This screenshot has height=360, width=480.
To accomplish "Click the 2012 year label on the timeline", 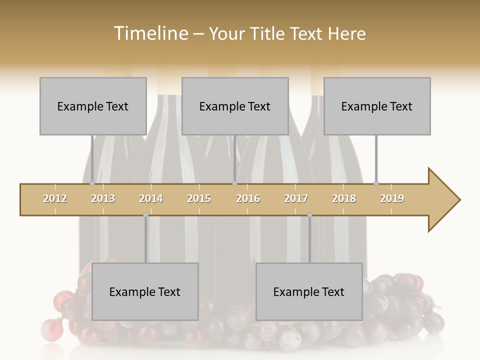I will [55, 198].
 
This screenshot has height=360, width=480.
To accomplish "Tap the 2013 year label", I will [103, 198].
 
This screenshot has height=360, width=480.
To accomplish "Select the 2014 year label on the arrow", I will [151, 198].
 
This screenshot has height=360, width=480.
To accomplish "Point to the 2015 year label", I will [199, 198].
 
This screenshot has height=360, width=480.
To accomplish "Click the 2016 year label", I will [248, 198].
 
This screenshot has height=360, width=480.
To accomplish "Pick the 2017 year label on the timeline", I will [296, 198].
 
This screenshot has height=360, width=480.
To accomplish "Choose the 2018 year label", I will [344, 198].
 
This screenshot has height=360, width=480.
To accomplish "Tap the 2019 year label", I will [392, 198].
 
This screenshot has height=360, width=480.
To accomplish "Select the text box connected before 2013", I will [93, 106].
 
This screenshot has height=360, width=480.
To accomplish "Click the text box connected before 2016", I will [235, 106].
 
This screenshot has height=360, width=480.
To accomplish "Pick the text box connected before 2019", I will [377, 106].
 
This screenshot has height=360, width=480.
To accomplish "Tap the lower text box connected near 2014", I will [145, 291].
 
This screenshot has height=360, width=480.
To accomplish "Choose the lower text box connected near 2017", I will [309, 291].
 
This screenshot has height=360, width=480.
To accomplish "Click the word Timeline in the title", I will [150, 33].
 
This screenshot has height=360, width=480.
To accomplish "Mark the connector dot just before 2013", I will [92, 183].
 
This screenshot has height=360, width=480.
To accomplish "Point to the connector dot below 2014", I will [146, 215].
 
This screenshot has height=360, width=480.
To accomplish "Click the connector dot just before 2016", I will [234, 183].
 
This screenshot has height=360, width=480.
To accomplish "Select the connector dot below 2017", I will [309, 215].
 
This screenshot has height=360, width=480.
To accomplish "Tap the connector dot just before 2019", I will [376, 183].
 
